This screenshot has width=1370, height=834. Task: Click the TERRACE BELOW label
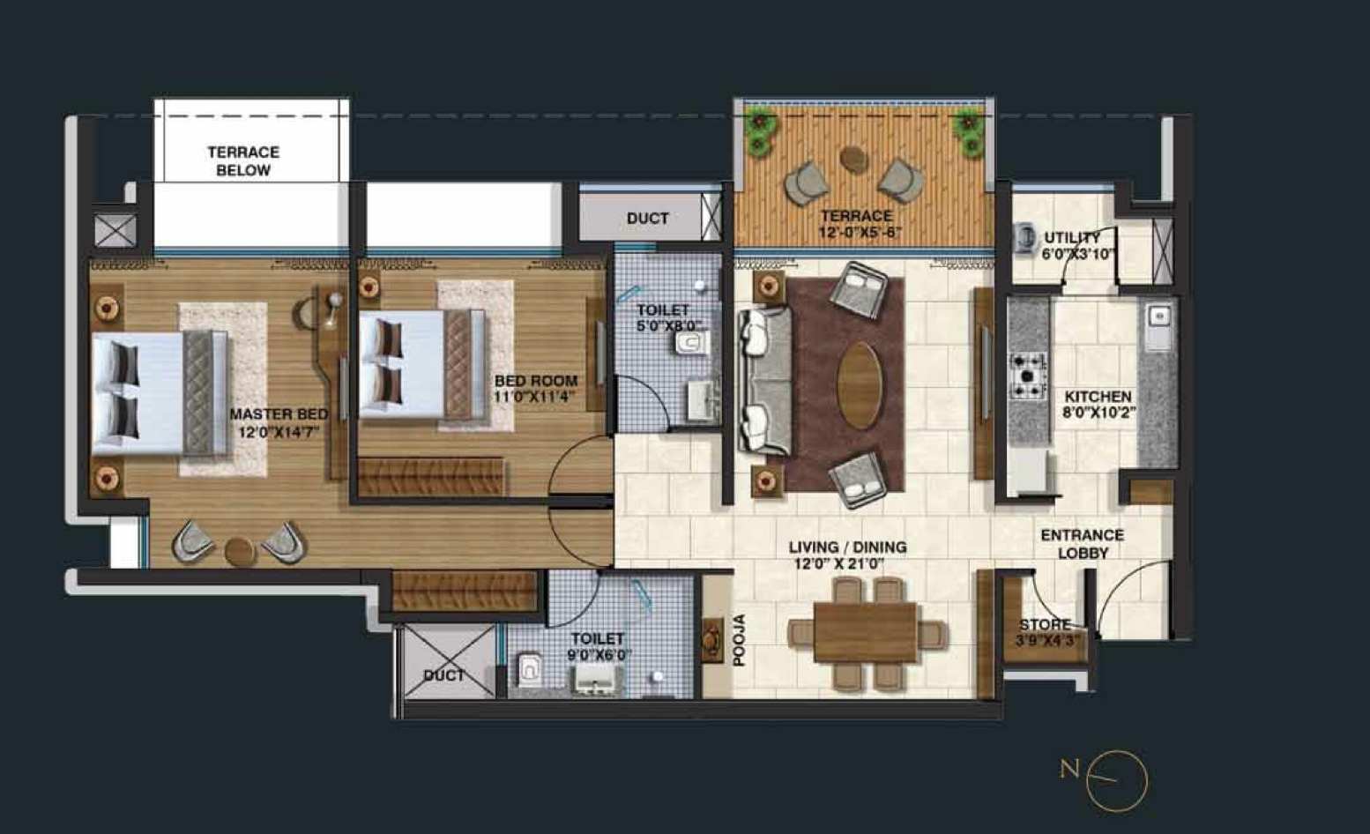point(243,161)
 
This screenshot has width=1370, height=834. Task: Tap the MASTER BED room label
point(278,423)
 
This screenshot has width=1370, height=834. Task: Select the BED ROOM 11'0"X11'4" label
point(536,389)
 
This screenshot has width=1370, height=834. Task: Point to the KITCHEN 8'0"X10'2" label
point(1098,404)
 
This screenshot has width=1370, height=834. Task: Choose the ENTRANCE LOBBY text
point(1082,544)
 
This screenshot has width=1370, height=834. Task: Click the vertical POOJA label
point(740,639)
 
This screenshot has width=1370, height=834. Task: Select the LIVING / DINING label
point(847,555)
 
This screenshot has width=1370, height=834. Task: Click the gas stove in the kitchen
point(1028,376)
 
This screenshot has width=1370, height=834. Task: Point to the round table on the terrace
point(853,160)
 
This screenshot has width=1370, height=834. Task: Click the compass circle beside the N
point(1116,781)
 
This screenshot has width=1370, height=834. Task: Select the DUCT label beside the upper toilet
point(647,219)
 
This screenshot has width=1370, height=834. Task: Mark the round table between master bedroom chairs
point(240,551)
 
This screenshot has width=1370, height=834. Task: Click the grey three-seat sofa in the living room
point(764,381)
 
